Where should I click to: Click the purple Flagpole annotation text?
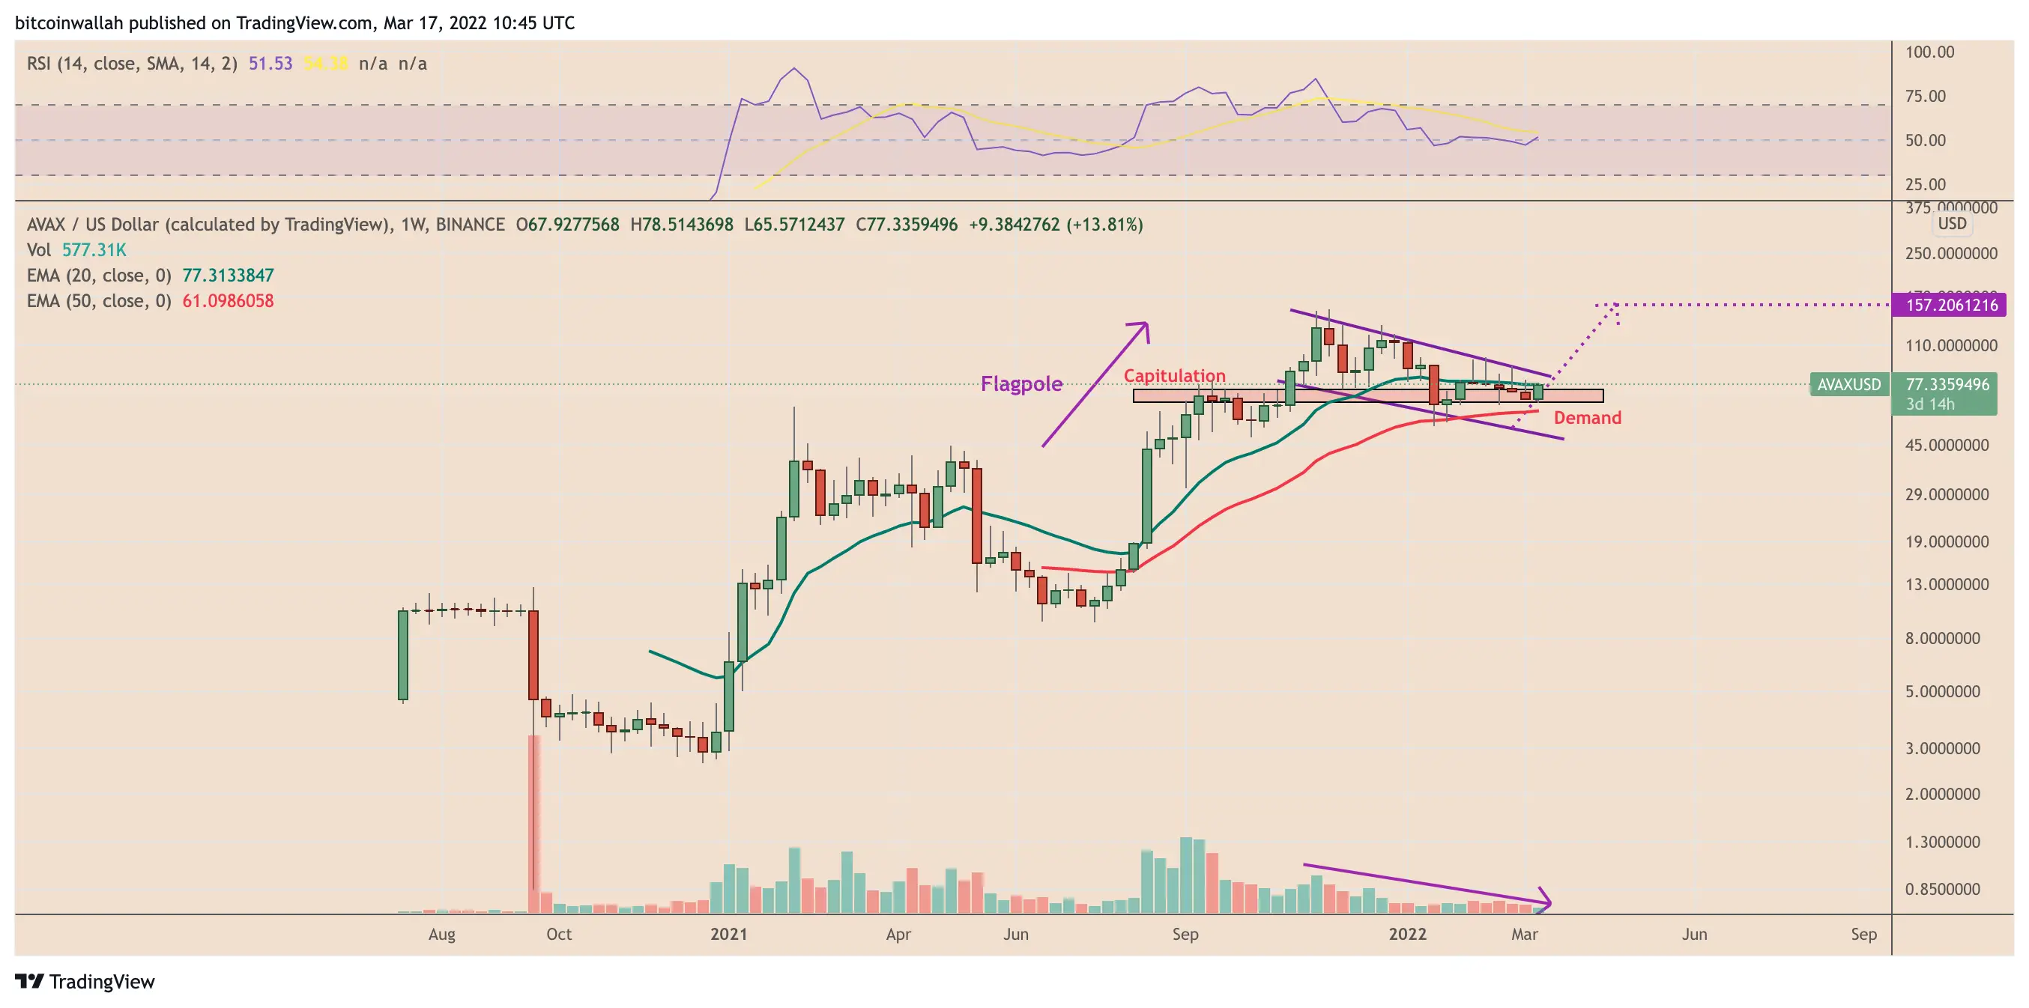pyautogui.click(x=1020, y=383)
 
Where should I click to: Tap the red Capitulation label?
pyautogui.click(x=1173, y=376)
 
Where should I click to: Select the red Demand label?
pyautogui.click(x=1586, y=417)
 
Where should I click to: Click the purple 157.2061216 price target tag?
pyautogui.click(x=1950, y=305)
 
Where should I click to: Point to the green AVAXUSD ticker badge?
pyautogui.click(x=1848, y=384)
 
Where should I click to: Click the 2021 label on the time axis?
pyautogui.click(x=728, y=934)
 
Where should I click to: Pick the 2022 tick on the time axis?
pyautogui.click(x=1407, y=934)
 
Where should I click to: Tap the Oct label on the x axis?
pyautogui.click(x=558, y=934)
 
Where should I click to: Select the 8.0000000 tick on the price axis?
pyautogui.click(x=1941, y=638)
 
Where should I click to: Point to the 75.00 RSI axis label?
pyautogui.click(x=1924, y=96)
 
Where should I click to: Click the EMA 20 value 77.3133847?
pyautogui.click(x=228, y=275)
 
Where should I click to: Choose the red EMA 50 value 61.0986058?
pyautogui.click(x=228, y=301)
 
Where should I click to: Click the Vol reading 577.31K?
pyautogui.click(x=94, y=249)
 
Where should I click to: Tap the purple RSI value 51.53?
pyautogui.click(x=270, y=63)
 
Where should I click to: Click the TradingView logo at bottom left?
pyautogui.click(x=85, y=981)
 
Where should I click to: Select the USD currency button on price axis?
pyautogui.click(x=1952, y=224)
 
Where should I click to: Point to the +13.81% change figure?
pyautogui.click(x=1104, y=225)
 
